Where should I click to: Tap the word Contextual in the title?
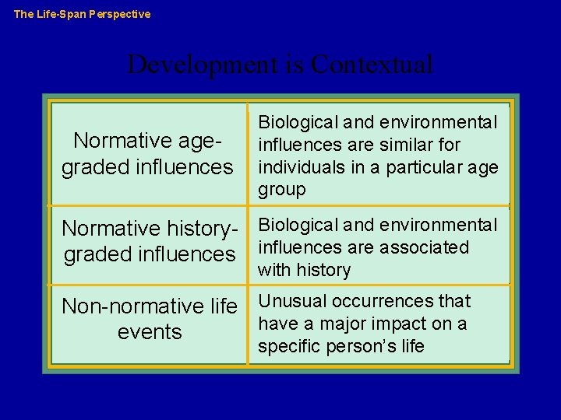371,64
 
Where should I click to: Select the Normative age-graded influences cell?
148,154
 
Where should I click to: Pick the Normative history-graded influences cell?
149,242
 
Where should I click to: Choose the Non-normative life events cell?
149,319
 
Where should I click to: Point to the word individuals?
296,167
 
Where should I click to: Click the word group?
281,190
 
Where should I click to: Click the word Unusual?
292,301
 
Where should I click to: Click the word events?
149,332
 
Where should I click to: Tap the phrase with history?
304,270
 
